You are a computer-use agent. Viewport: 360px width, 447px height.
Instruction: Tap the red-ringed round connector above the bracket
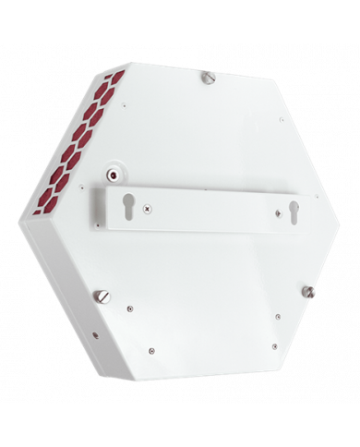pos(114,174)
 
